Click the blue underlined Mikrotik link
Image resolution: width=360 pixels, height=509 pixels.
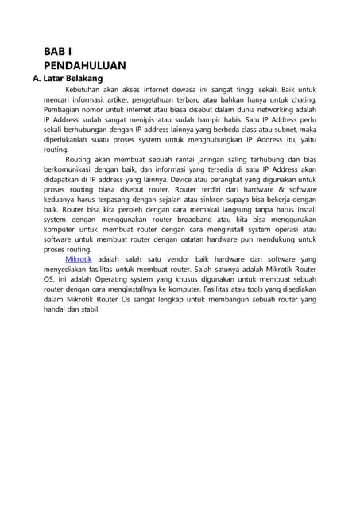[x=78, y=259]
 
